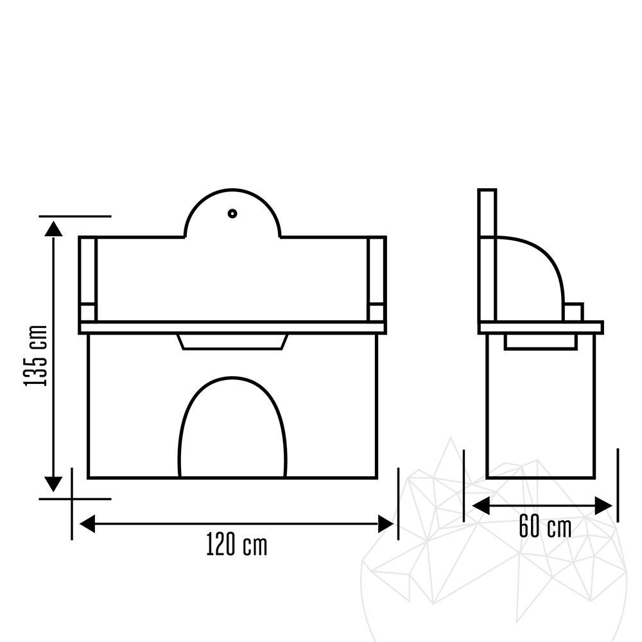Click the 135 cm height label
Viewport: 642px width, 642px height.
point(36,356)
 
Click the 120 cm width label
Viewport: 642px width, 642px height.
point(236,544)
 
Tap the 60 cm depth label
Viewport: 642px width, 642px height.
point(545,526)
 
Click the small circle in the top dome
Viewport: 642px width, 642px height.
point(232,213)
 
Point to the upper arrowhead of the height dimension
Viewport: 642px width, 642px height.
point(54,229)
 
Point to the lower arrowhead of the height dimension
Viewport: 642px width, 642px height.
point(53,484)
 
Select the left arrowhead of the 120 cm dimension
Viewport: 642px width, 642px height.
point(87,524)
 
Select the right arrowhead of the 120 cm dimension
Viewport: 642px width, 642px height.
point(385,524)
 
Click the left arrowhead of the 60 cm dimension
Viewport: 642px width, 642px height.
point(481,506)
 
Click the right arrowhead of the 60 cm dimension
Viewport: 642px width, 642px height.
point(603,506)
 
